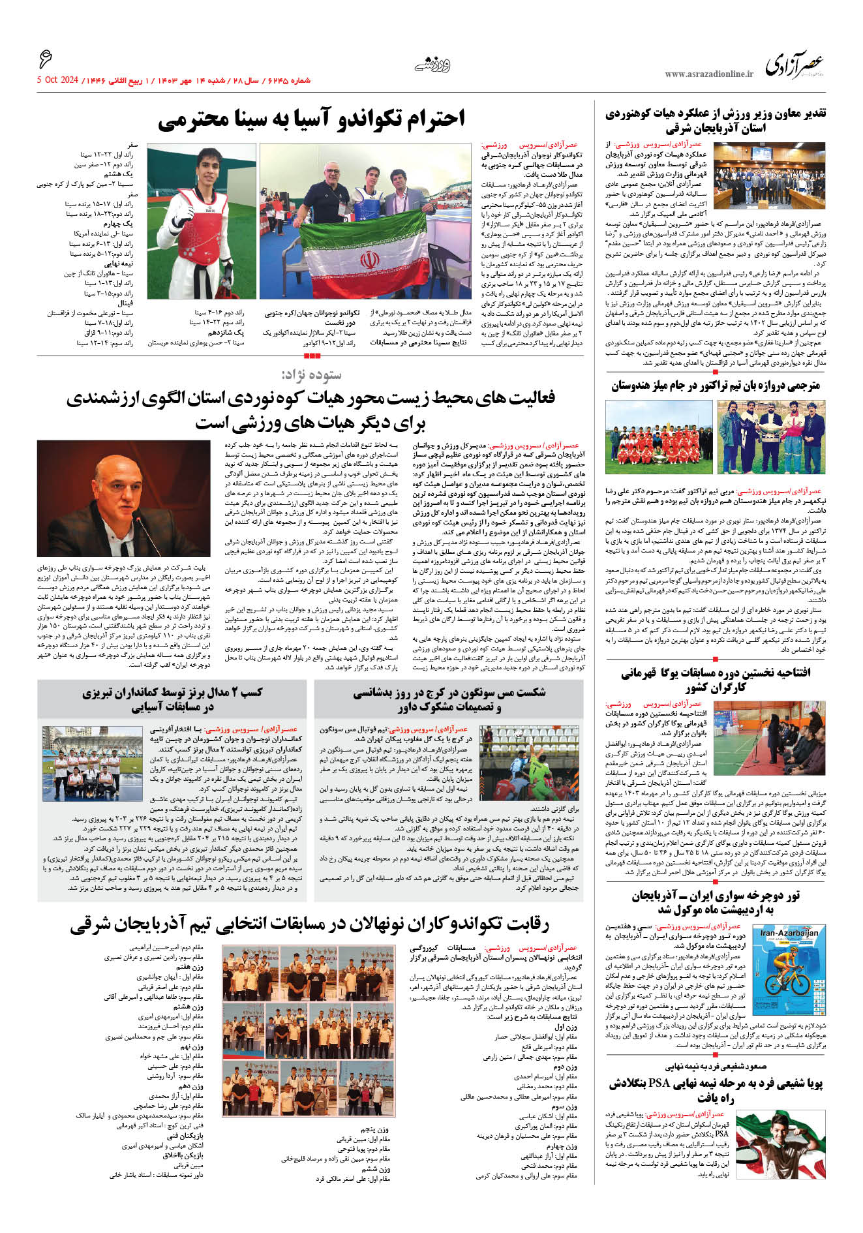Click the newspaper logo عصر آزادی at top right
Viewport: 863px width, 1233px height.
795,63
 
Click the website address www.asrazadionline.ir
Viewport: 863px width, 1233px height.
709,74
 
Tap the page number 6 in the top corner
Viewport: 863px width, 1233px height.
44,61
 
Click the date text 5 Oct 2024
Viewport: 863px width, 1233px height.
57,80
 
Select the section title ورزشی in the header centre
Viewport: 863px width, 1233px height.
432,65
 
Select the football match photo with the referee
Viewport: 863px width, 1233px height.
529,763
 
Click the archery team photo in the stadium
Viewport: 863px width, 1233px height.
92,763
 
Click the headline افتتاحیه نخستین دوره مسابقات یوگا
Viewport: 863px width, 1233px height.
716,679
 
